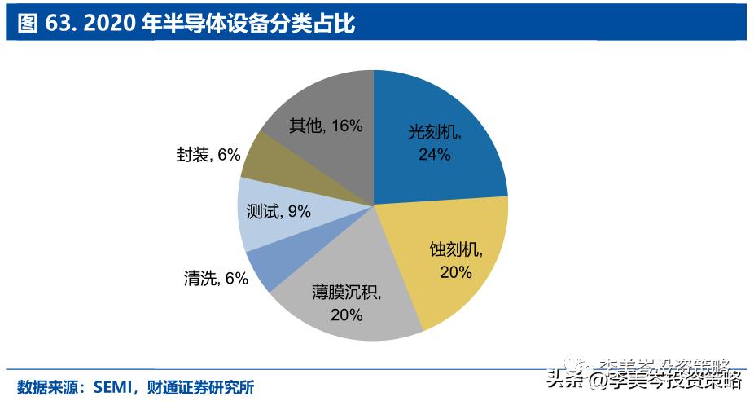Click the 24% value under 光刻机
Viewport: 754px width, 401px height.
click(x=434, y=154)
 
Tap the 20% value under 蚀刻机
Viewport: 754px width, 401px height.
click(x=455, y=272)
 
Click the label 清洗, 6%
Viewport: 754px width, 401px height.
click(x=215, y=278)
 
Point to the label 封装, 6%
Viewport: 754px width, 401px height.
click(x=208, y=153)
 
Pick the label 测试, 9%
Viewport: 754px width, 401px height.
click(x=278, y=211)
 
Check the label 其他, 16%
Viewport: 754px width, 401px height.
click(x=325, y=126)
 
